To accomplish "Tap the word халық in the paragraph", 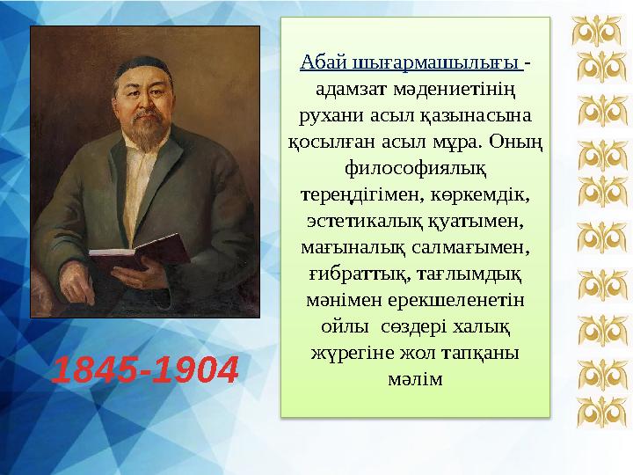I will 481,325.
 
